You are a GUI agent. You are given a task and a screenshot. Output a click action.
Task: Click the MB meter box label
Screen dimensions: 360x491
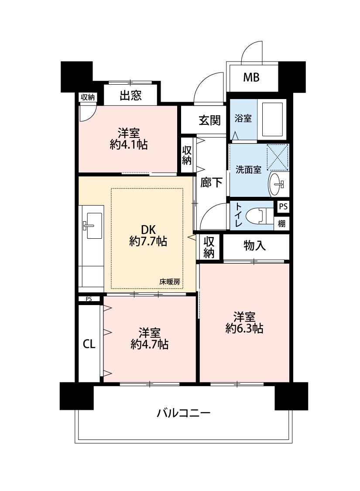tap(251, 77)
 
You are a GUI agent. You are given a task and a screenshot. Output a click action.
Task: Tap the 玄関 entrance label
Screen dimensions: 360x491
tap(209, 120)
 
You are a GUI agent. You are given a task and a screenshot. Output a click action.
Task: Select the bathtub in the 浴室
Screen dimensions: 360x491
tap(271, 119)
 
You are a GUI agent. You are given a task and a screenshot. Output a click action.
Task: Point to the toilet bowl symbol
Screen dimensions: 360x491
tap(259, 216)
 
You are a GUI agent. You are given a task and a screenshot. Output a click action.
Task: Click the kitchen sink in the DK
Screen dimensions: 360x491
tap(93, 226)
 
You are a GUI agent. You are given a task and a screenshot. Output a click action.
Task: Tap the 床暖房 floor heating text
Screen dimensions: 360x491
tap(170, 282)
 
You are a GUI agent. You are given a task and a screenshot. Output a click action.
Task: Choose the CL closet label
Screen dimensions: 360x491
tap(89, 344)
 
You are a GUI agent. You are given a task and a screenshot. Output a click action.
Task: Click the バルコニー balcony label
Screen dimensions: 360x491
tap(183, 413)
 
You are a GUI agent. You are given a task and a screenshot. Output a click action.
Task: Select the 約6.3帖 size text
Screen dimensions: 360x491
tap(244, 328)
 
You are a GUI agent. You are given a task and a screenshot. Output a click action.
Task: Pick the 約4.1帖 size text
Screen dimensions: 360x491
tap(129, 144)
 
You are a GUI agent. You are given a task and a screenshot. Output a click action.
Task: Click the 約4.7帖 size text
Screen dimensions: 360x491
tap(149, 344)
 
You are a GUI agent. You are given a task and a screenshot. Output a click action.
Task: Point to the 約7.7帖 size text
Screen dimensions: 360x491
tap(148, 241)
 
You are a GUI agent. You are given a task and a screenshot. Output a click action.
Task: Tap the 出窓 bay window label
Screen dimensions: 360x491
tap(130, 96)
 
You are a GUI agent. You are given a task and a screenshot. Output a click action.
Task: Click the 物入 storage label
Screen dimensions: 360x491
tap(254, 246)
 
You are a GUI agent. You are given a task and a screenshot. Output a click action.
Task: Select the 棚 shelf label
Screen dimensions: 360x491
tap(281, 223)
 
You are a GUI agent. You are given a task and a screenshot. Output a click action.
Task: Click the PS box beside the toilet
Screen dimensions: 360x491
tap(283, 207)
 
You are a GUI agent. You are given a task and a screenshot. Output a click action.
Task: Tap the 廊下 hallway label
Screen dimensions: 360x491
tap(211, 182)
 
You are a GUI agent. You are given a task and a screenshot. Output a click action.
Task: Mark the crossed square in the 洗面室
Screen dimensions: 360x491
tap(278, 158)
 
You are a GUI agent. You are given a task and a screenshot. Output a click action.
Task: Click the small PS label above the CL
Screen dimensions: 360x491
tap(89, 299)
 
